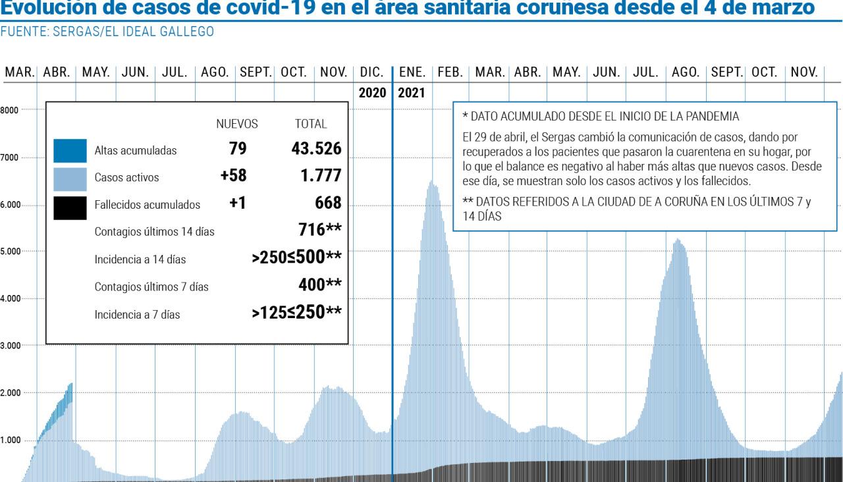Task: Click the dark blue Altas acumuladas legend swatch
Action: (x=70, y=150)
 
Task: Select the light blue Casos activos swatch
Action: (x=70, y=178)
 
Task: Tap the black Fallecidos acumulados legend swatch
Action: (x=70, y=205)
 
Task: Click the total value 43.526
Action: (x=316, y=149)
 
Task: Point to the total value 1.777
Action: (x=319, y=176)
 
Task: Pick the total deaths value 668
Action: (x=327, y=203)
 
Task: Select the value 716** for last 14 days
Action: (x=319, y=230)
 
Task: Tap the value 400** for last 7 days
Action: (x=319, y=284)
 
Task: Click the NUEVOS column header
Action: (x=236, y=124)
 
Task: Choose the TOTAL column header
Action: (x=311, y=124)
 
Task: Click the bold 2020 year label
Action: (x=372, y=93)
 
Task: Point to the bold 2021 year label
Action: (x=412, y=93)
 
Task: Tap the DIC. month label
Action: (x=372, y=72)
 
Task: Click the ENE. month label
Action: (x=412, y=72)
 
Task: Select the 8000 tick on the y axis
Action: (x=9, y=109)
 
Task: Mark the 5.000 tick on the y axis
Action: (x=11, y=251)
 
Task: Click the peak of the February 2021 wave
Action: (x=433, y=182)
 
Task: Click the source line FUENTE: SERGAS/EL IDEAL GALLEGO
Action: (x=107, y=32)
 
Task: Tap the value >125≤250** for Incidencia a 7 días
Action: (x=296, y=312)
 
